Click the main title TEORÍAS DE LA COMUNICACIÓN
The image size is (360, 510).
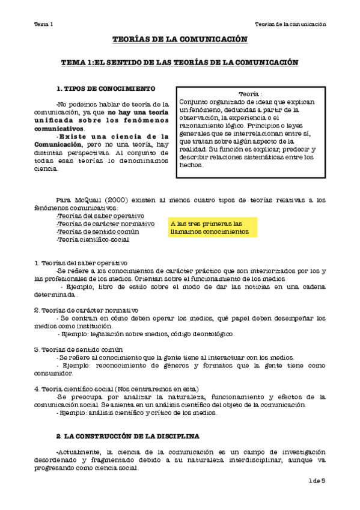coord(180,39)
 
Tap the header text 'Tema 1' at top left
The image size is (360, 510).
coord(44,24)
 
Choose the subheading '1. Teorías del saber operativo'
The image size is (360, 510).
coord(81,263)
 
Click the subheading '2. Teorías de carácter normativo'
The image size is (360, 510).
coord(86,310)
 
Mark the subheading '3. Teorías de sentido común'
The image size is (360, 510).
coord(79,349)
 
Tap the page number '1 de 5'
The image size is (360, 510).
coord(316,481)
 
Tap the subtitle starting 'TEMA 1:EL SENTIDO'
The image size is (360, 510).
coord(180,62)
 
